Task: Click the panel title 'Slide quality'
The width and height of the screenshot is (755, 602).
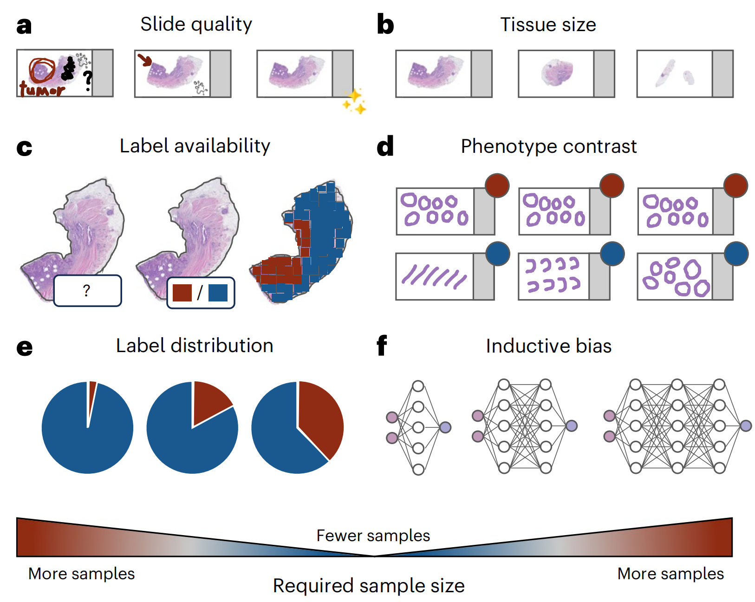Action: pyautogui.click(x=196, y=24)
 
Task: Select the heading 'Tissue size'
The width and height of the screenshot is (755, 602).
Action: pyautogui.click(x=548, y=25)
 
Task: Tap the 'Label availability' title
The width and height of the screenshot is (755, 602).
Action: pyautogui.click(x=195, y=146)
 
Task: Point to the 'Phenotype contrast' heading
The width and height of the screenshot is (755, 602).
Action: pyautogui.click(x=548, y=146)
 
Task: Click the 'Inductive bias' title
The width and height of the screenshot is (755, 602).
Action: pyautogui.click(x=548, y=346)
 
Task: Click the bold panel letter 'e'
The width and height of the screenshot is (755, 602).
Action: pyautogui.click(x=25, y=347)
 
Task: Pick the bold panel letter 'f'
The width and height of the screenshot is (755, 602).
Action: pyautogui.click(x=382, y=346)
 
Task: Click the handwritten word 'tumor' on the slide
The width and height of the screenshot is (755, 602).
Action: pyautogui.click(x=42, y=88)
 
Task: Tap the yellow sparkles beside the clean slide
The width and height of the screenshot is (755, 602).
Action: pyautogui.click(x=354, y=101)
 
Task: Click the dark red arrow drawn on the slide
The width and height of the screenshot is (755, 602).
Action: pyautogui.click(x=145, y=59)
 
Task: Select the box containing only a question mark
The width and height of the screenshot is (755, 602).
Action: pyautogui.click(x=87, y=291)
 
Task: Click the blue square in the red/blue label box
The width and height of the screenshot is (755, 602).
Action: pyautogui.click(x=218, y=293)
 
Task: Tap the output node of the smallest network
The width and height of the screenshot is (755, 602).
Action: pyautogui.click(x=445, y=427)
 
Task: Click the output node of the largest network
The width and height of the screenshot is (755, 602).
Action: pyautogui.click(x=746, y=425)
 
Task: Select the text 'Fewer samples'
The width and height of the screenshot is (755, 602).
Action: pyautogui.click(x=373, y=536)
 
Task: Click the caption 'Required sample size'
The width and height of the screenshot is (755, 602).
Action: pyautogui.click(x=369, y=586)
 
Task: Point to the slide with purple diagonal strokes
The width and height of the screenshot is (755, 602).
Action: pyautogui.click(x=435, y=277)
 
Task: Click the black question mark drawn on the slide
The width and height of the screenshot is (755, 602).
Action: pyautogui.click(x=88, y=80)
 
